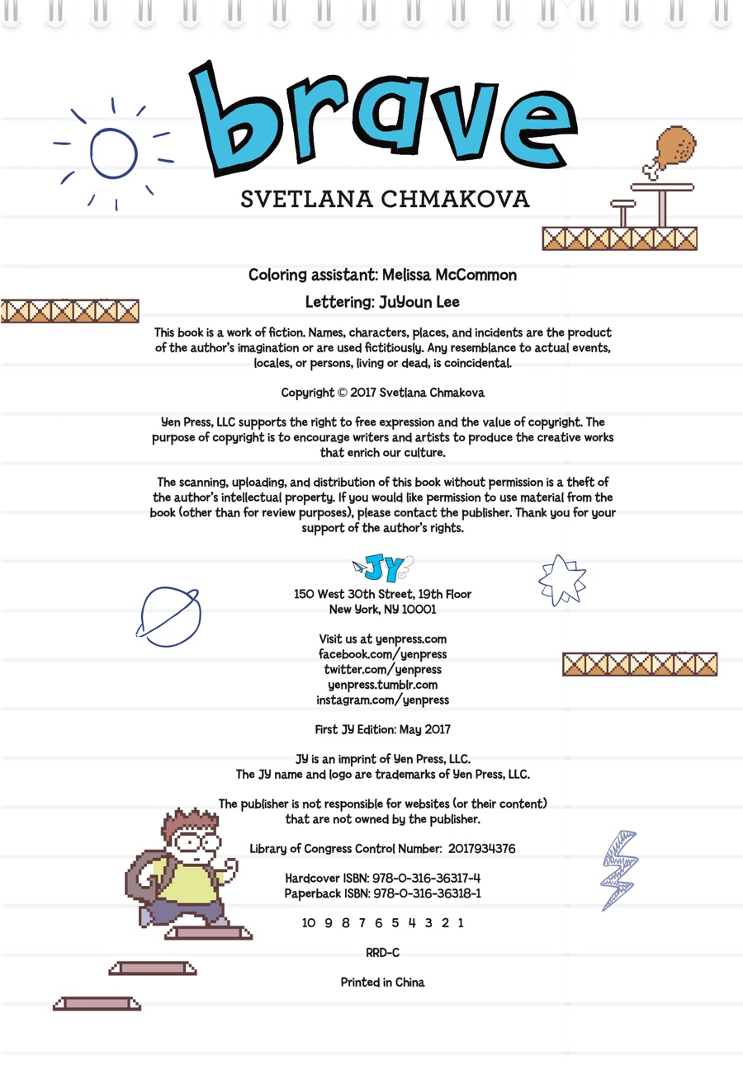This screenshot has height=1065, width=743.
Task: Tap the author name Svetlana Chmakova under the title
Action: tap(385, 200)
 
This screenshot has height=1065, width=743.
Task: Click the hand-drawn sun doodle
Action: tap(113, 153)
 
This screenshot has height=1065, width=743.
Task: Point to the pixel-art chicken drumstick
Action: tap(673, 151)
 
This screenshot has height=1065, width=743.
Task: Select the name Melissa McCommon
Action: tap(450, 275)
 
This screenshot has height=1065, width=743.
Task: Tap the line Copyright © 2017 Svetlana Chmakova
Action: tap(383, 392)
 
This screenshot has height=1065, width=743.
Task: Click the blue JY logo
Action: tap(384, 568)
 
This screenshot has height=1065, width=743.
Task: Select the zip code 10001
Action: tap(418, 610)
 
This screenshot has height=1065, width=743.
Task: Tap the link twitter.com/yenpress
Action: tap(382, 669)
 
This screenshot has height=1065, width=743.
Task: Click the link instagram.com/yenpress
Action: tap(382, 700)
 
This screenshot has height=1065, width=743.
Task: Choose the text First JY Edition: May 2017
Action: tap(382, 729)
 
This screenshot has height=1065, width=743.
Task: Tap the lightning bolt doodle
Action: tap(619, 869)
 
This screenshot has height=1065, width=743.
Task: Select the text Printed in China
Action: tap(382, 983)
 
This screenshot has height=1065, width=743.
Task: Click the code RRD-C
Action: tap(382, 953)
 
